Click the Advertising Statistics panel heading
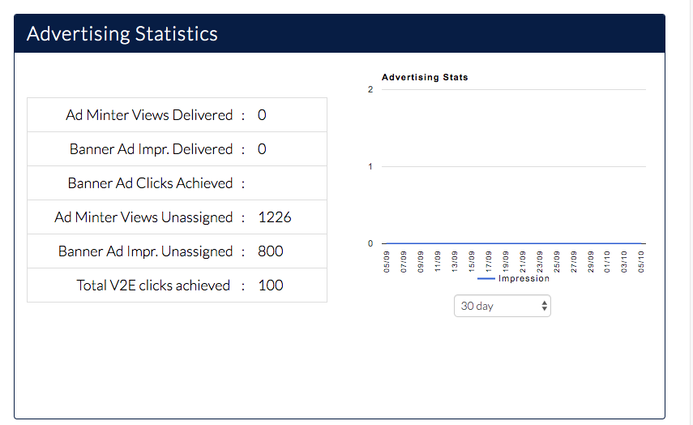click(x=122, y=34)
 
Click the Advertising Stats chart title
click(x=425, y=78)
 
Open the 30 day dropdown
click(x=503, y=306)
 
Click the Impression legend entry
click(x=524, y=278)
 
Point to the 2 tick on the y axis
click(x=370, y=89)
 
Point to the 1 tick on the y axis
click(x=370, y=167)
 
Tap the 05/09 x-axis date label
click(x=387, y=261)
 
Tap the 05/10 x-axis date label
click(x=641, y=261)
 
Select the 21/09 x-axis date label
click(x=523, y=261)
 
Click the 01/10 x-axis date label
click(x=607, y=261)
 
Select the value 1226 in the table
click(x=275, y=217)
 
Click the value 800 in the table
click(x=271, y=251)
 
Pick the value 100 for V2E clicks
click(x=271, y=285)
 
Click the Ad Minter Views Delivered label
click(x=149, y=115)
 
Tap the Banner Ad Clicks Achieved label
click(x=150, y=183)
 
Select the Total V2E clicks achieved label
click(x=153, y=285)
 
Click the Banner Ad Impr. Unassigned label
click(x=145, y=251)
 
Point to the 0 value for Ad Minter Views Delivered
click(x=262, y=115)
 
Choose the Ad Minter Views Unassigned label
click(x=143, y=217)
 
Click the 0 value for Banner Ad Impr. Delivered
click(x=262, y=149)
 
